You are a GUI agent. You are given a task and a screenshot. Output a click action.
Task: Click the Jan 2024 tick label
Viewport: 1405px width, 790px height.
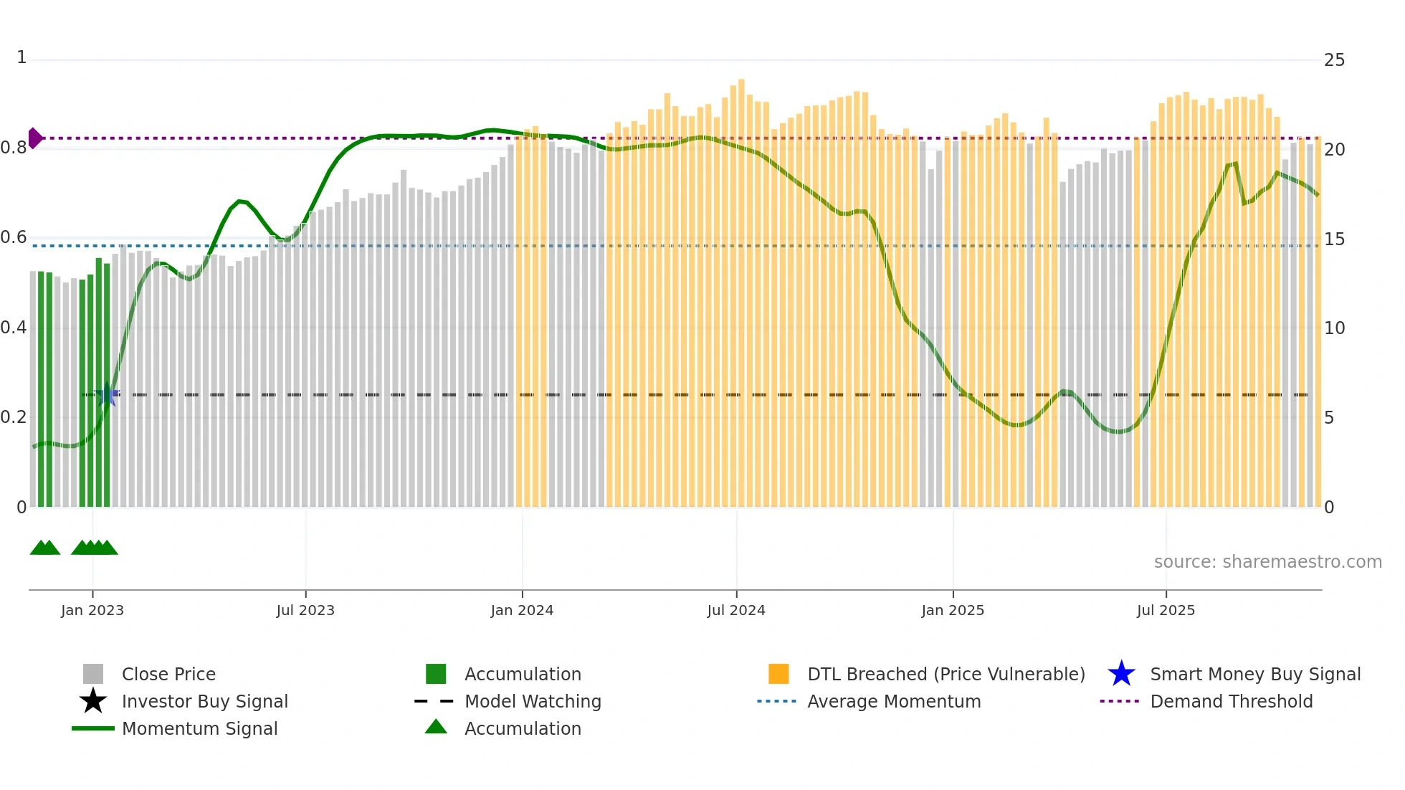click(x=522, y=610)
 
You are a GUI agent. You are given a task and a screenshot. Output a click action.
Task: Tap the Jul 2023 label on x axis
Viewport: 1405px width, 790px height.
click(x=305, y=610)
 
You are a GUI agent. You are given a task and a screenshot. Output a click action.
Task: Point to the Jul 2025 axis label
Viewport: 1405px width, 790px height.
click(x=1166, y=610)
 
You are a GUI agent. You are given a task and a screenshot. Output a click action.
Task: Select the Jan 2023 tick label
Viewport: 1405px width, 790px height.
click(x=92, y=610)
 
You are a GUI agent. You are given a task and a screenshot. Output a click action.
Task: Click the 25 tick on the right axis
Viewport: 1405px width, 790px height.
click(x=1334, y=60)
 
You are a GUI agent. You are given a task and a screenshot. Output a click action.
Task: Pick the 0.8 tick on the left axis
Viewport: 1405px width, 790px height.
click(x=14, y=148)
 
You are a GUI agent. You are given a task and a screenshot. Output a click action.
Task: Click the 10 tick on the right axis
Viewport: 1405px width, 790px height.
click(x=1334, y=328)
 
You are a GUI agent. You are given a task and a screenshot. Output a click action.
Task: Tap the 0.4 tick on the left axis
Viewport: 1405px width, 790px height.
click(x=14, y=328)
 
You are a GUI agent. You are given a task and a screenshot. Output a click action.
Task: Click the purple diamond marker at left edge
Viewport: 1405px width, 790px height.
click(x=34, y=138)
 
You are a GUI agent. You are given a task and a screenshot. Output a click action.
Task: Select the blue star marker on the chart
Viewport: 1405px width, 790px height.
click(x=107, y=394)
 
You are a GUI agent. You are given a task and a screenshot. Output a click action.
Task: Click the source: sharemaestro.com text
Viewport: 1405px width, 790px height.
click(x=1267, y=561)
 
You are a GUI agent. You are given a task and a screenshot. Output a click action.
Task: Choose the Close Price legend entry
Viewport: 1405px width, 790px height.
click(x=168, y=674)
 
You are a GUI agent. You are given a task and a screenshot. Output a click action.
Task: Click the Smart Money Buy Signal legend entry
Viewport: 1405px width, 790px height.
click(x=1254, y=674)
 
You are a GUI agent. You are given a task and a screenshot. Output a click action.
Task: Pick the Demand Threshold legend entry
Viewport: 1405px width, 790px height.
click(x=1231, y=701)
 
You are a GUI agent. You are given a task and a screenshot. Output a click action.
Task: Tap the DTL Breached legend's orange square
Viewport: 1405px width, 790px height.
click(x=778, y=674)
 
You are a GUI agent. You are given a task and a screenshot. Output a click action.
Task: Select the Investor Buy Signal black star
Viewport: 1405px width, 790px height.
click(x=93, y=701)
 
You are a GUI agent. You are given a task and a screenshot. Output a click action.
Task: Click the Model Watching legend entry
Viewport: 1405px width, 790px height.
click(x=532, y=701)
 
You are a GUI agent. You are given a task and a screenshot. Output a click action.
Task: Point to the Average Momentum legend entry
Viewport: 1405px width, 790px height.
click(x=893, y=701)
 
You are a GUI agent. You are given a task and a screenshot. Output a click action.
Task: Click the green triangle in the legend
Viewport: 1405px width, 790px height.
click(x=436, y=727)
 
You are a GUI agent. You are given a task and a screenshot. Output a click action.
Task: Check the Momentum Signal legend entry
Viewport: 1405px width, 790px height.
click(x=199, y=728)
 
